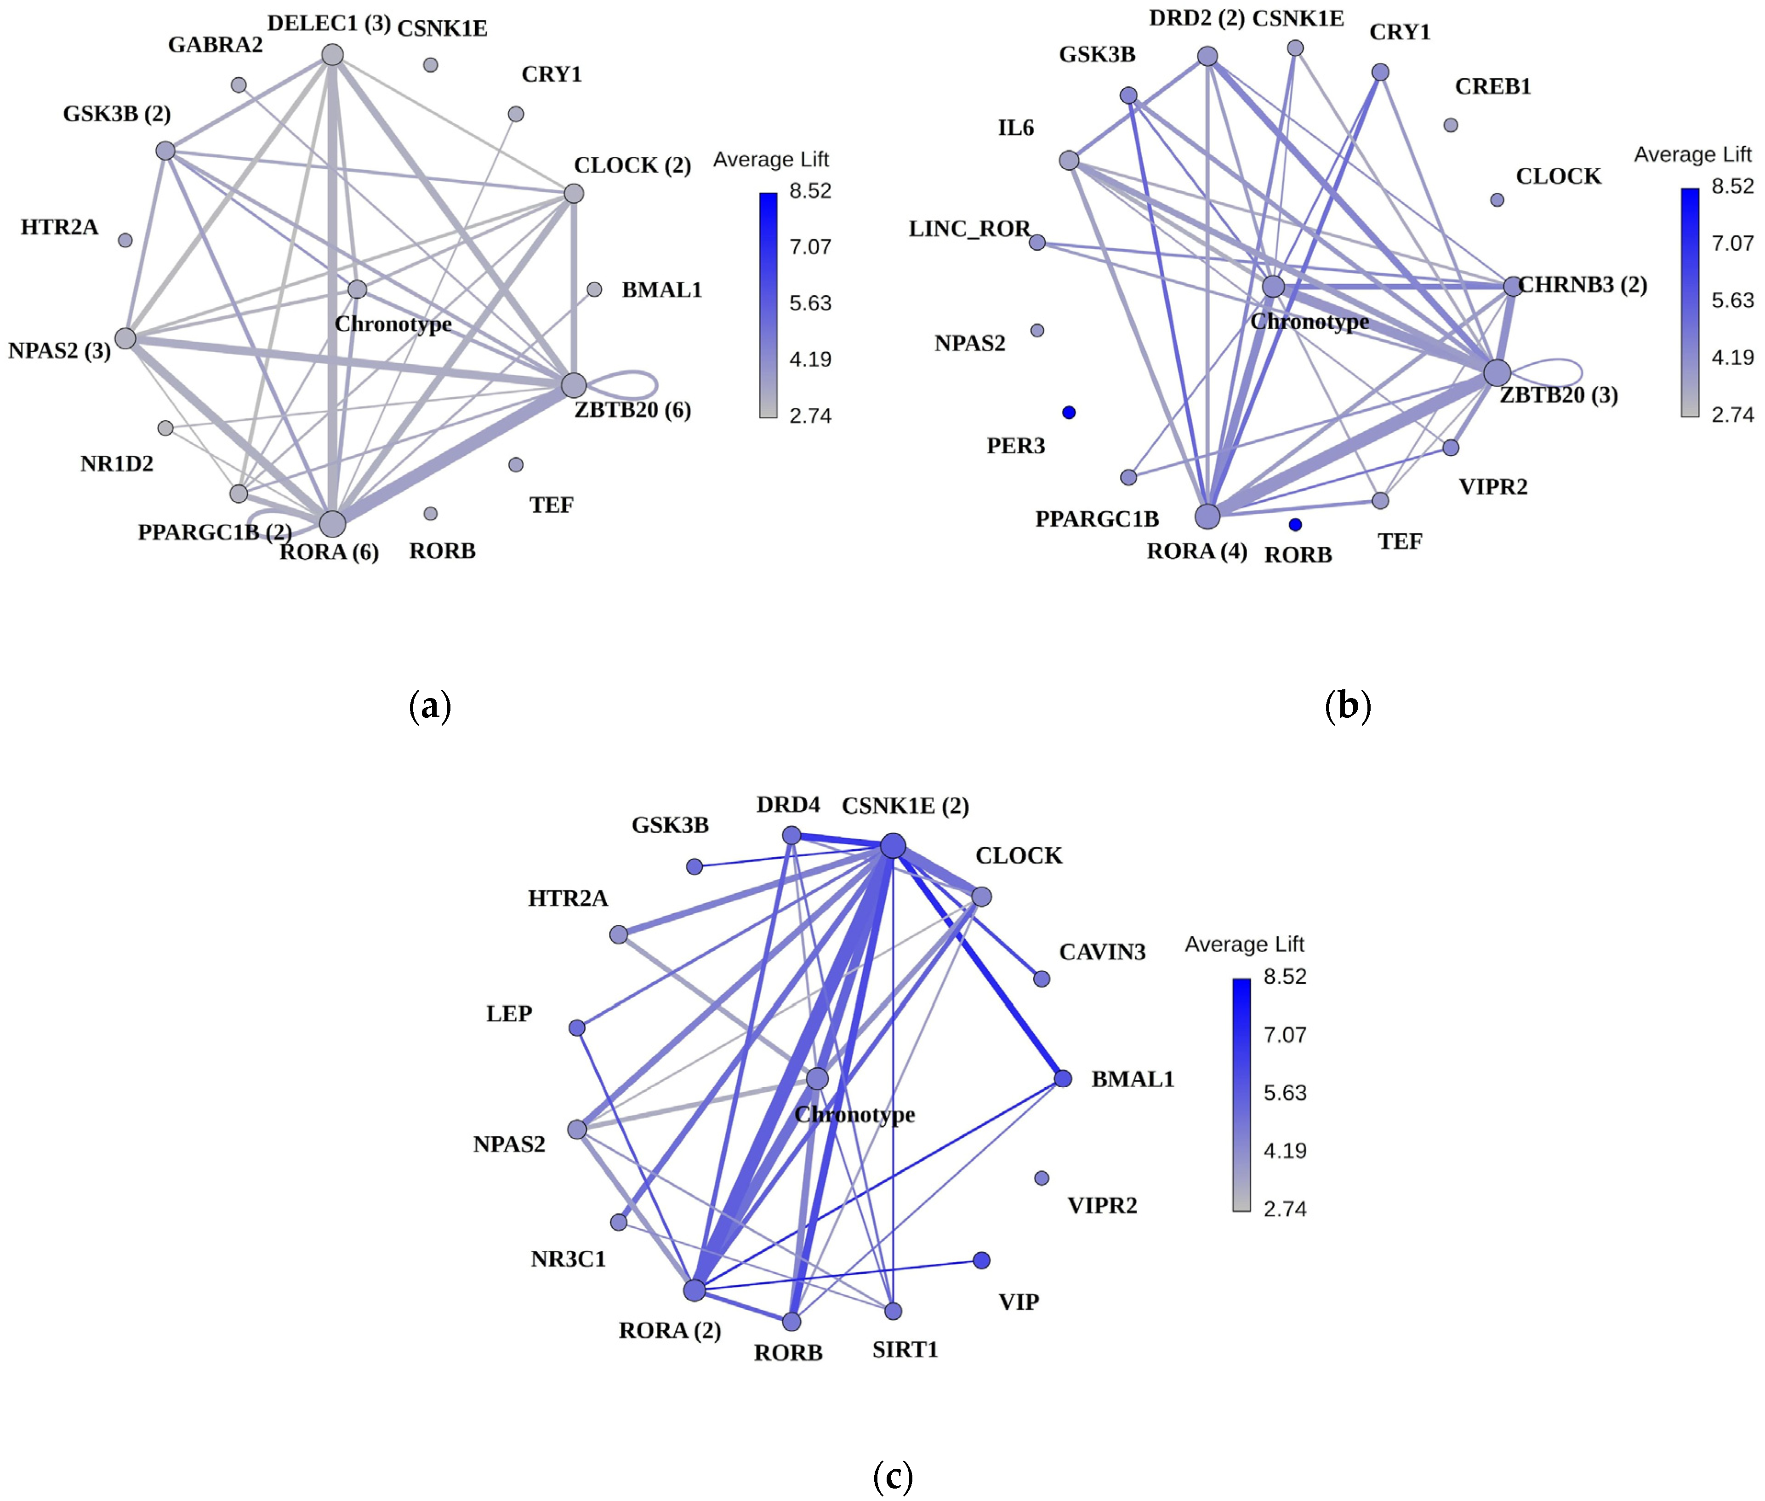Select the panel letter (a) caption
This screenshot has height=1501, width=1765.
tap(430, 706)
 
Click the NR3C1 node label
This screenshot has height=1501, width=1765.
tap(568, 1259)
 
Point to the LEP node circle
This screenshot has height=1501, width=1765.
tap(577, 1028)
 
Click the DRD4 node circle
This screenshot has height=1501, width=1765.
tap(791, 836)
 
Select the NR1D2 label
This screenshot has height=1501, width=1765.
tap(117, 464)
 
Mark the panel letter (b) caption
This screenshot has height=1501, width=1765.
tap(1347, 706)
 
